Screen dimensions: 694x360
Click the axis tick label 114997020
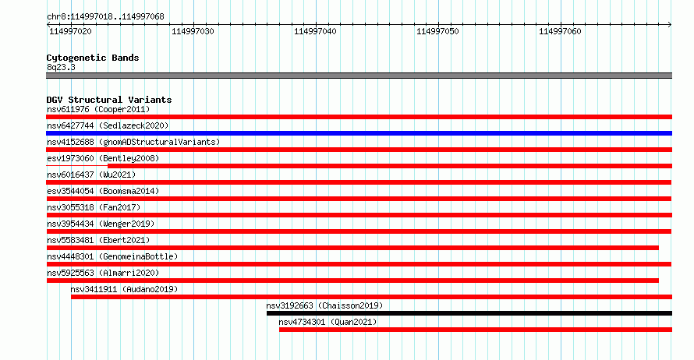click(70, 31)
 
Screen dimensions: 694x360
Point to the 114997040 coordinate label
click(315, 31)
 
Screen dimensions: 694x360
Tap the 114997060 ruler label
click(560, 31)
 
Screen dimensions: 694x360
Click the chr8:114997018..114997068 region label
click(105, 17)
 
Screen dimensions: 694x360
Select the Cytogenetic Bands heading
click(93, 58)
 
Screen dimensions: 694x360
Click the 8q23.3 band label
click(61, 67)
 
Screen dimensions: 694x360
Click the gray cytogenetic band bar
click(359, 76)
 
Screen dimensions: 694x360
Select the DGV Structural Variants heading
click(109, 100)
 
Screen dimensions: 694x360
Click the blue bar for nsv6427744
click(359, 133)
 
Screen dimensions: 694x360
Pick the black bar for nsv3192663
click(469, 313)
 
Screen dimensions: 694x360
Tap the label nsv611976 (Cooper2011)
click(98, 109)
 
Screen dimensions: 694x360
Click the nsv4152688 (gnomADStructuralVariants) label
click(133, 142)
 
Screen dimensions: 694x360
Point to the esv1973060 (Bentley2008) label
click(103, 158)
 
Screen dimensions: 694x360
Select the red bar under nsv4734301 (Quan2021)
click(476, 330)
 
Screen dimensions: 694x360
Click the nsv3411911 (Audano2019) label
click(124, 289)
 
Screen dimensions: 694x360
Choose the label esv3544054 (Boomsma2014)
click(103, 191)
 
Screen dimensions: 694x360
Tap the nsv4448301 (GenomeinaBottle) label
click(112, 256)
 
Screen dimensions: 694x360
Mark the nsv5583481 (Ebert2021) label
click(98, 240)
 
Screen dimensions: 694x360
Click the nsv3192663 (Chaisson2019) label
click(324, 305)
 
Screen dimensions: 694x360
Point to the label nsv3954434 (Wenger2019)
click(101, 224)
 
